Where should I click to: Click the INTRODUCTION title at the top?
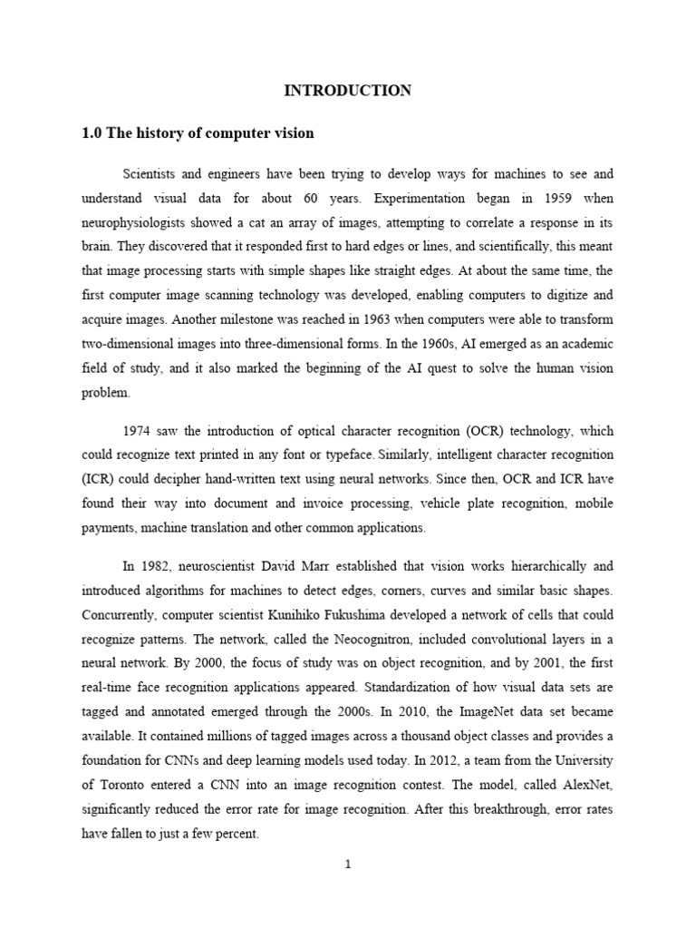pyautogui.click(x=348, y=90)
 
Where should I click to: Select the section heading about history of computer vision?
pyautogui.click(x=198, y=133)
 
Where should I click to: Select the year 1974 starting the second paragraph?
pyautogui.click(x=138, y=431)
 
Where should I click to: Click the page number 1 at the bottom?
pyautogui.click(x=347, y=865)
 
